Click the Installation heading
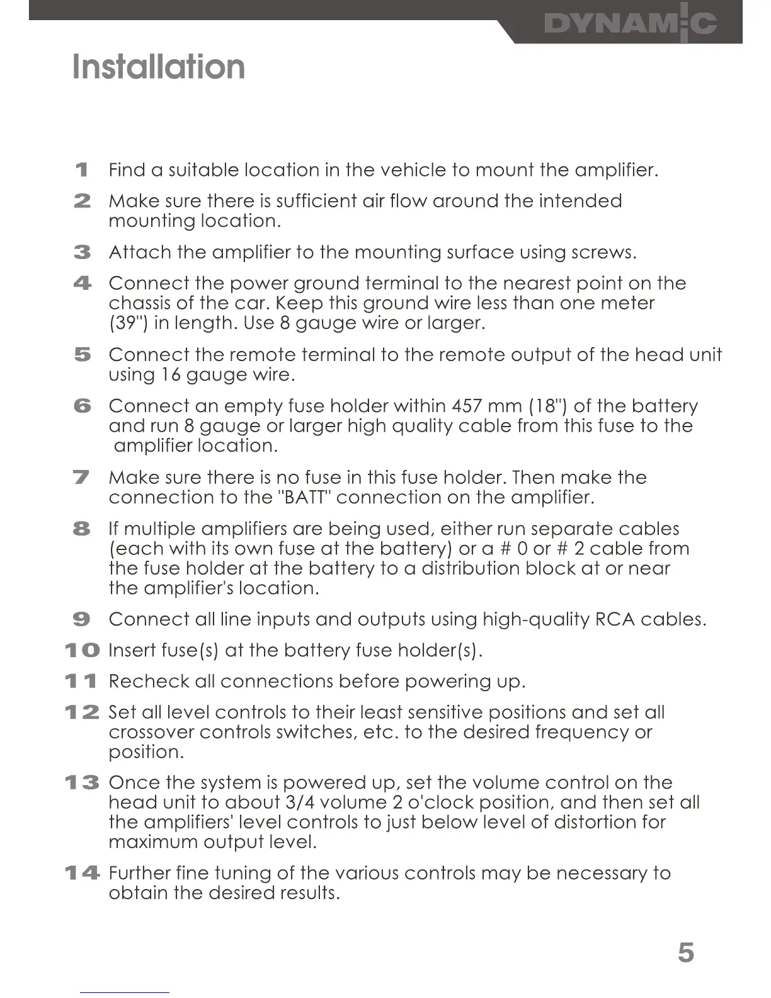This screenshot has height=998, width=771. click(x=159, y=67)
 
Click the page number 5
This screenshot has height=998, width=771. click(x=686, y=952)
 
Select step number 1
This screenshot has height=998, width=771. click(x=81, y=170)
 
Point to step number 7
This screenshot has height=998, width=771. click(x=82, y=478)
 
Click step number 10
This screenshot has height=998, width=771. click(x=82, y=650)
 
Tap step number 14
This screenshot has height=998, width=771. click(x=82, y=873)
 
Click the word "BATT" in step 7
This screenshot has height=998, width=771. click(x=306, y=498)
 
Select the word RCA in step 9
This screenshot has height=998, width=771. click(x=615, y=619)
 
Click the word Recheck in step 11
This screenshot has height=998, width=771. click(x=149, y=682)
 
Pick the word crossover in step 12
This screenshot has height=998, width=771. click(x=151, y=733)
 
